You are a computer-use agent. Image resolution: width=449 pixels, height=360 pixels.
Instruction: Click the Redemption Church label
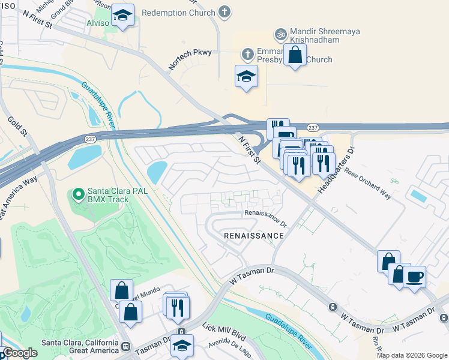click(x=178, y=12)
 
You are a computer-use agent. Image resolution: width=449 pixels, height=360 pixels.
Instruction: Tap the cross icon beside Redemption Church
click(x=224, y=11)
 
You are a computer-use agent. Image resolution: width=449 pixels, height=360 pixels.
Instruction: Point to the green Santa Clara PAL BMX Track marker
click(x=77, y=194)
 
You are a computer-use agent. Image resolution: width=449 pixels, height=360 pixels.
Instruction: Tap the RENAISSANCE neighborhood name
click(x=253, y=236)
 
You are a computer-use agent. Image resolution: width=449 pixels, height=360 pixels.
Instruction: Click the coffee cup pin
click(x=414, y=277)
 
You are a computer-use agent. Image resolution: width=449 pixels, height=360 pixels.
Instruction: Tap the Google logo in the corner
click(x=20, y=353)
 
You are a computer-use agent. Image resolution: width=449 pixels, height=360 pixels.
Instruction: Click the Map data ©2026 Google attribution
click(x=411, y=355)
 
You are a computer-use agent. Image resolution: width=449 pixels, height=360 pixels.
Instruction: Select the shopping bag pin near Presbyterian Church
click(x=295, y=55)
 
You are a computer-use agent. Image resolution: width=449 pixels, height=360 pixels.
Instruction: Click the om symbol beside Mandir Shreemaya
click(x=279, y=34)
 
